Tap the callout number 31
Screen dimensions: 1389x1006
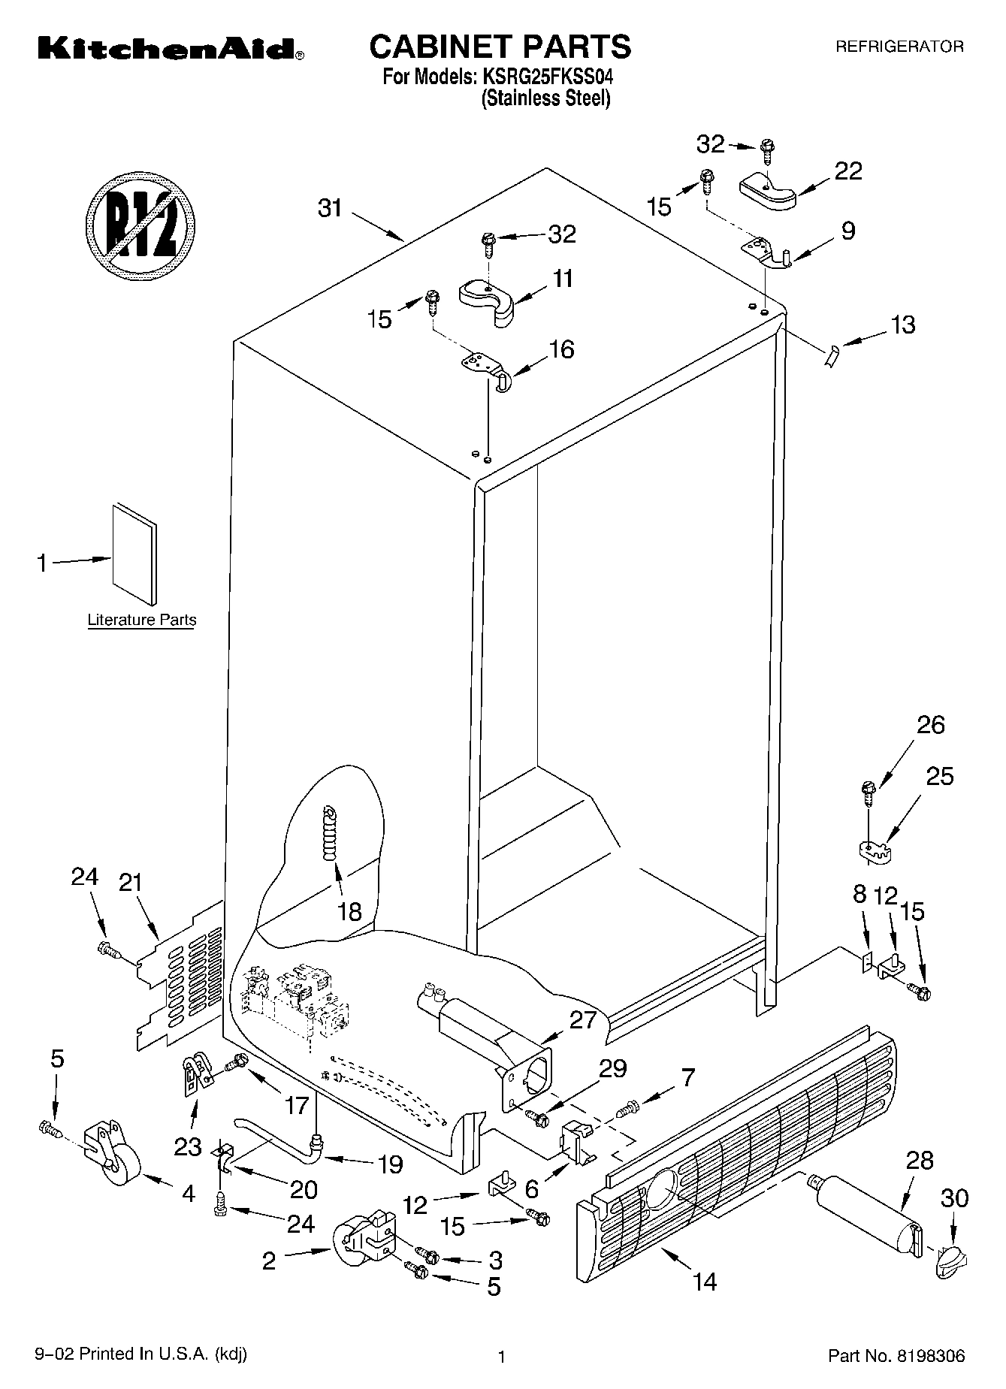pos(330,208)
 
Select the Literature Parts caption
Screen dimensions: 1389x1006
pos(141,621)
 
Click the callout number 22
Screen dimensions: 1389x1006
pos(848,171)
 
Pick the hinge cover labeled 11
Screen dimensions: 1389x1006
pos(488,300)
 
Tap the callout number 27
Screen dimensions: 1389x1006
pos(582,1019)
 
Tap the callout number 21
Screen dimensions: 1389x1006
pos(131,882)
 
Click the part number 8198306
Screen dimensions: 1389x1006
pos(929,1356)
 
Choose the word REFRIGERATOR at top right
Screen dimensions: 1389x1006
pos(899,47)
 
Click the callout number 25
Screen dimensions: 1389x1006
pos(939,775)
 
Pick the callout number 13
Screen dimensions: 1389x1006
pos(902,325)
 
